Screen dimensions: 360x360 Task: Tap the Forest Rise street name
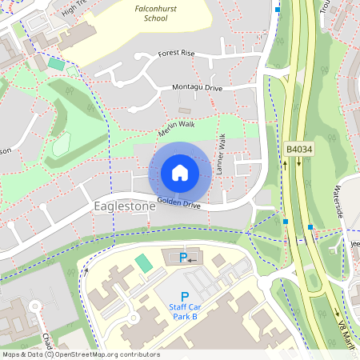point(177,53)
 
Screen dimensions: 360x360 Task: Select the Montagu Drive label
point(195,87)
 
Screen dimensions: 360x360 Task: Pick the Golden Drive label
point(179,203)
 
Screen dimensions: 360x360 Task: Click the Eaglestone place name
point(124,206)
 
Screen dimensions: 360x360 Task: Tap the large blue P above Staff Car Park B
point(185,296)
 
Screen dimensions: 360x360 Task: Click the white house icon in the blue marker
point(179,173)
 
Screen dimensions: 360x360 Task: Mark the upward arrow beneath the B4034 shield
point(283,164)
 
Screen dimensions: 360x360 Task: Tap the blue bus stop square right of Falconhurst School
point(278,10)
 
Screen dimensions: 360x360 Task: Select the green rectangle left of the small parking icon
point(143,262)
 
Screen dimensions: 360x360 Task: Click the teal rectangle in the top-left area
point(55,62)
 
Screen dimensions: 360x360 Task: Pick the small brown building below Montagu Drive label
point(185,110)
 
